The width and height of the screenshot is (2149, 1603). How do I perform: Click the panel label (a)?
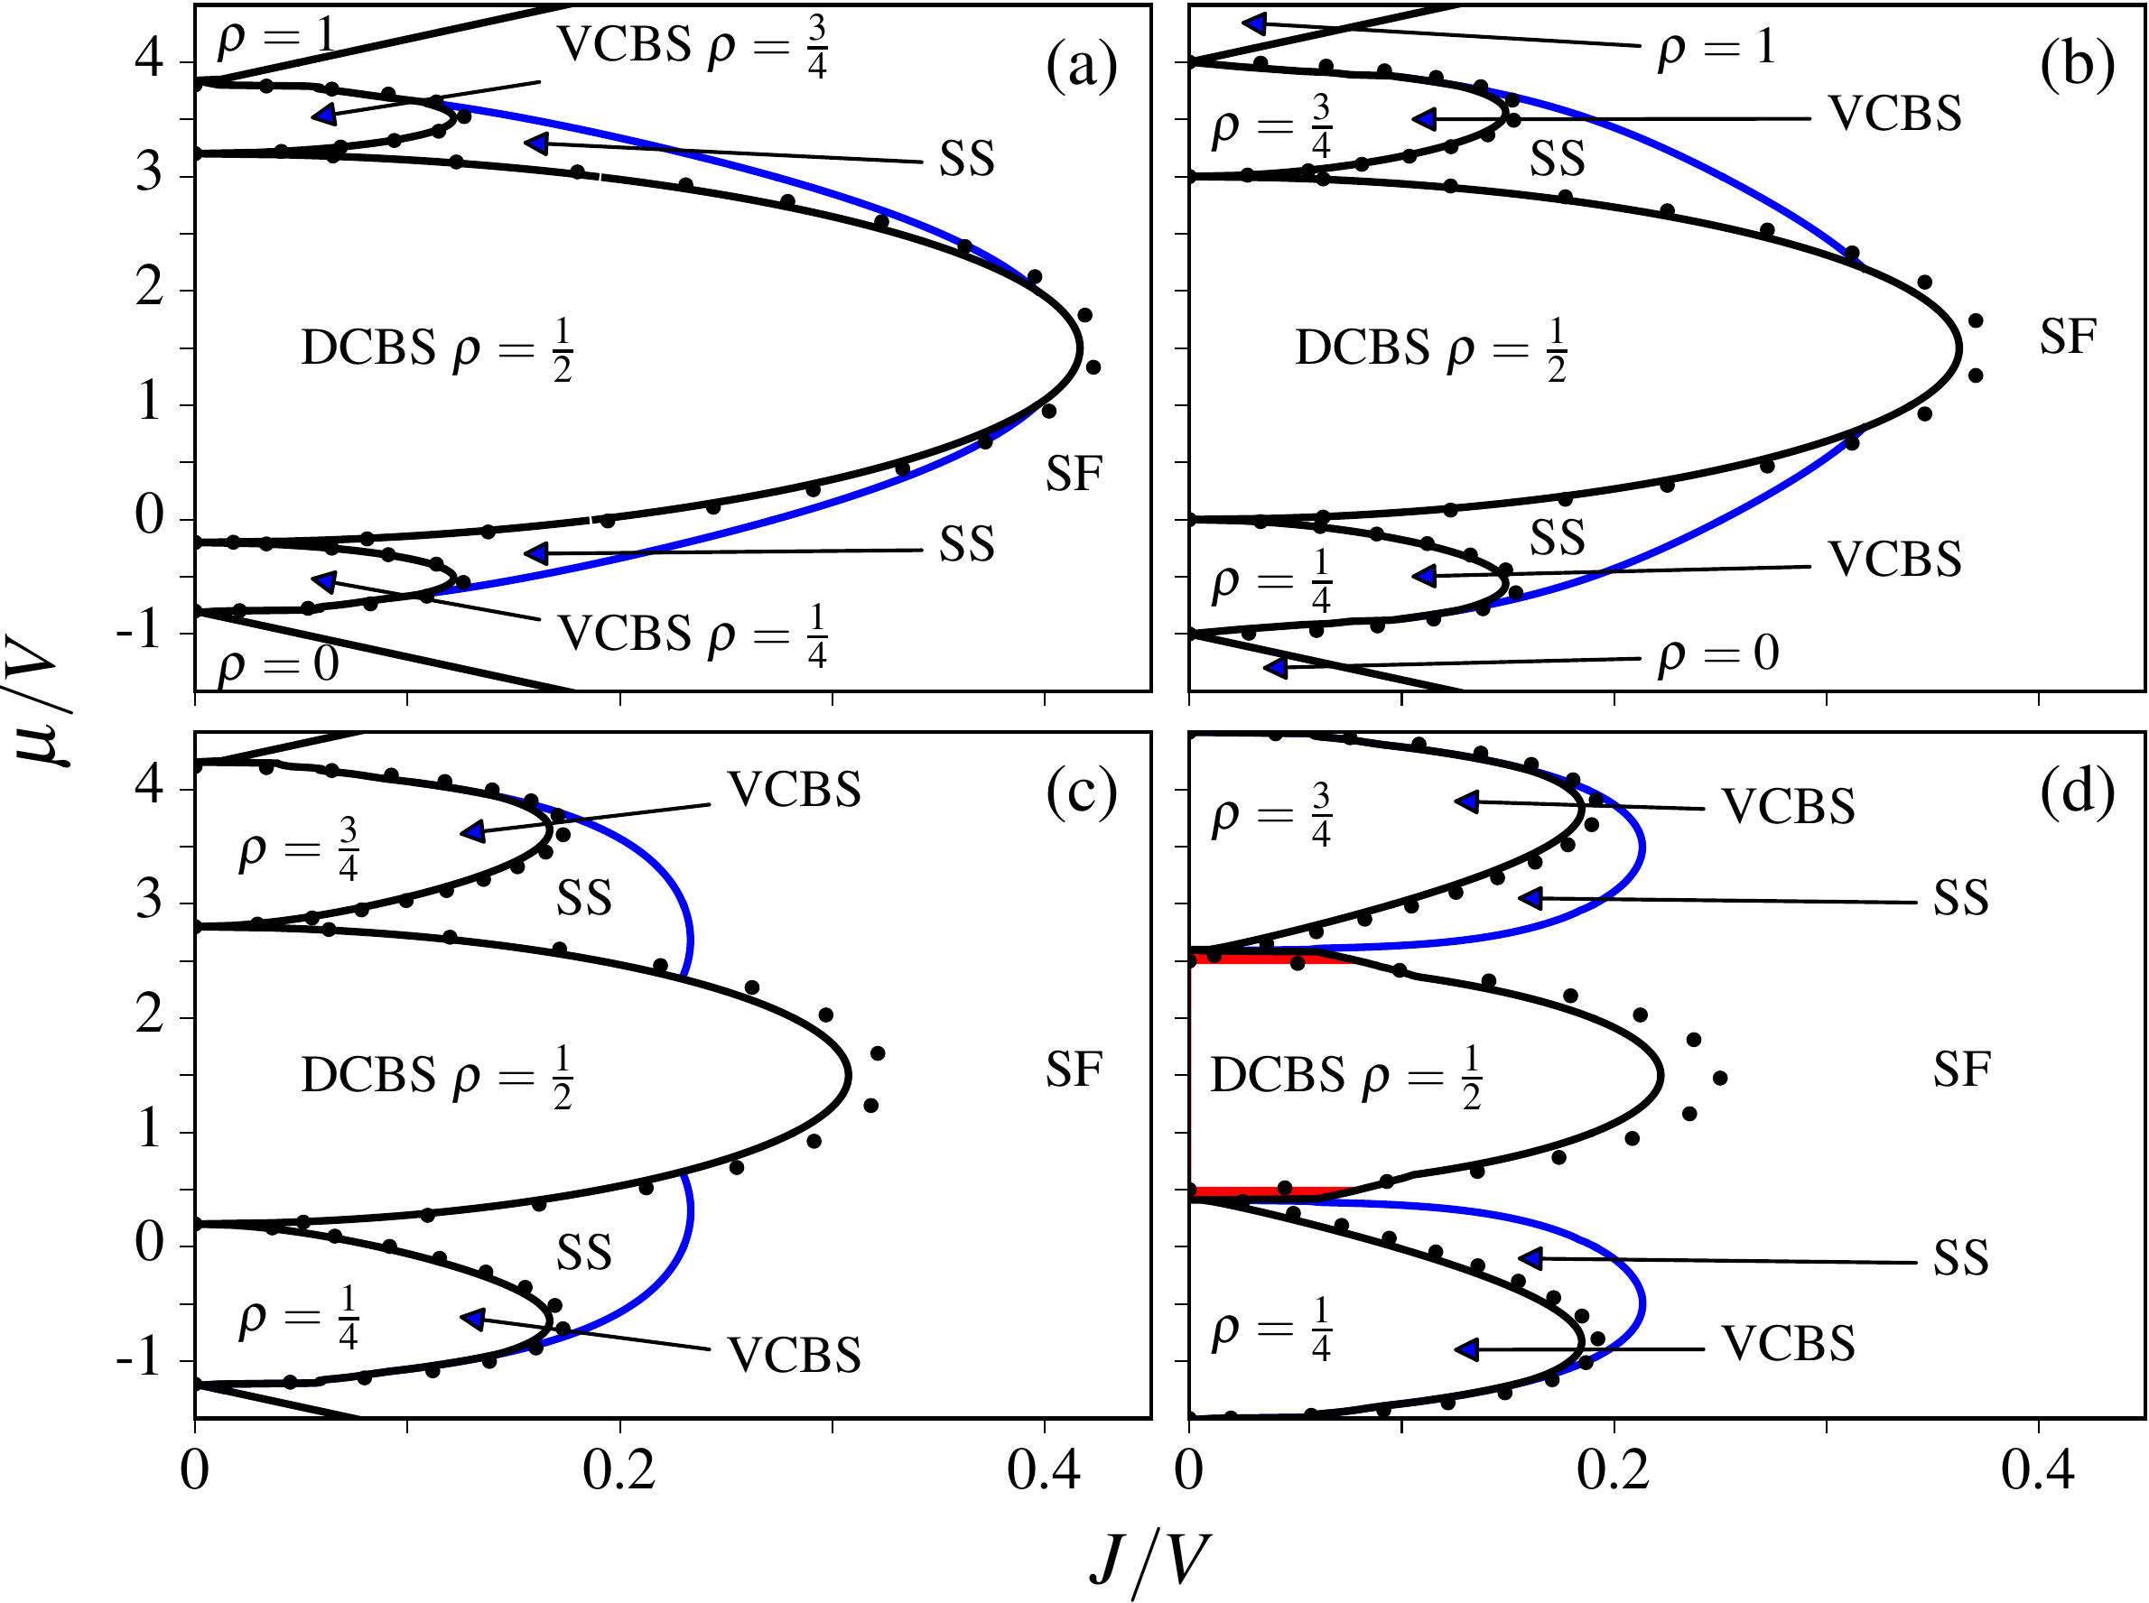click(x=1082, y=67)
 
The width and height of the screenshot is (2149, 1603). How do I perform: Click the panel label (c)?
click(x=1082, y=792)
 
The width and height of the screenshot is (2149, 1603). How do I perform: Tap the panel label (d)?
click(x=2076, y=792)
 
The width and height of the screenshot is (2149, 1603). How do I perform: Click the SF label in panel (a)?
click(x=1074, y=475)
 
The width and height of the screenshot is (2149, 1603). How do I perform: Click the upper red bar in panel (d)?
click(x=1261, y=959)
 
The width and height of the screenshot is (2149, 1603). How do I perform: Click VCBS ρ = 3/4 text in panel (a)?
click(x=692, y=46)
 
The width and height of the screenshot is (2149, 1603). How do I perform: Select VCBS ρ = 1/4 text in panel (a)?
click(x=692, y=635)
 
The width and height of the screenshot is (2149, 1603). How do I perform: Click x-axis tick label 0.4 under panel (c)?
click(x=1044, y=1471)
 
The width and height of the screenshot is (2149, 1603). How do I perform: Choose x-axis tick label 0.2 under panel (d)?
click(x=1614, y=1471)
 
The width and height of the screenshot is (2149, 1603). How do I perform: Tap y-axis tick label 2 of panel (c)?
click(x=150, y=1016)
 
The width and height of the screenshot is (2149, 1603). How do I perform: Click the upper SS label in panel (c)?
click(x=583, y=897)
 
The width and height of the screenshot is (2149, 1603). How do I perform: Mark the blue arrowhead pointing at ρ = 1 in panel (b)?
click(x=1255, y=23)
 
